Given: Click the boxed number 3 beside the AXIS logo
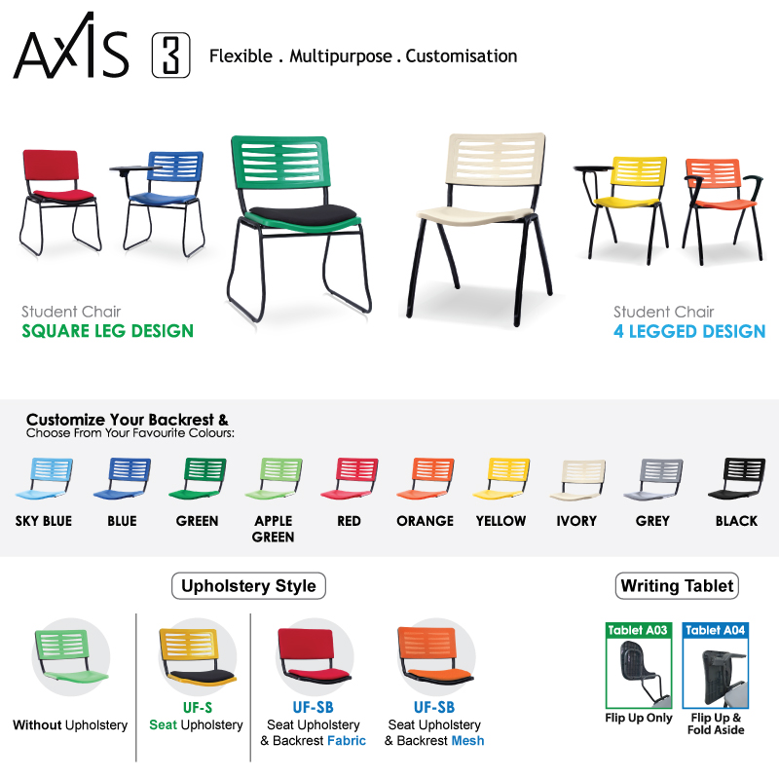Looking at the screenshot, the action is (171, 56).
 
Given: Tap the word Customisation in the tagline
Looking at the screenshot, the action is (461, 56).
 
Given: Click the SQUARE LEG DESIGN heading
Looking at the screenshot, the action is (108, 331).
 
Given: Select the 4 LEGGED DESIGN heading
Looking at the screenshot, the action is (689, 331).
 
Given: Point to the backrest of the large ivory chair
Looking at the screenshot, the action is (496, 157).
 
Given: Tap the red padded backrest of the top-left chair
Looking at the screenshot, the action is (51, 165).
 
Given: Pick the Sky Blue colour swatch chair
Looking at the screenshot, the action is (44, 478).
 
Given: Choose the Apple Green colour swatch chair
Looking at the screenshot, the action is (274, 478).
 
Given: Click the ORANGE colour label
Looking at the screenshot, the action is (426, 521).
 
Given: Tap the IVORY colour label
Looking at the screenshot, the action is (576, 521).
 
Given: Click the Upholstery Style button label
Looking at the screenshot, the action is (248, 586).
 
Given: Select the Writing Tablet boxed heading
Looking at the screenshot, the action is (677, 586).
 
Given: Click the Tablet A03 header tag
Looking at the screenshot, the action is (638, 630).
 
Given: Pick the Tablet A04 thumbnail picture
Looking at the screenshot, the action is (716, 673).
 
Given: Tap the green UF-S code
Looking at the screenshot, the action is (198, 708).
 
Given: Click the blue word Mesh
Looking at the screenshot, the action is (468, 741).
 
